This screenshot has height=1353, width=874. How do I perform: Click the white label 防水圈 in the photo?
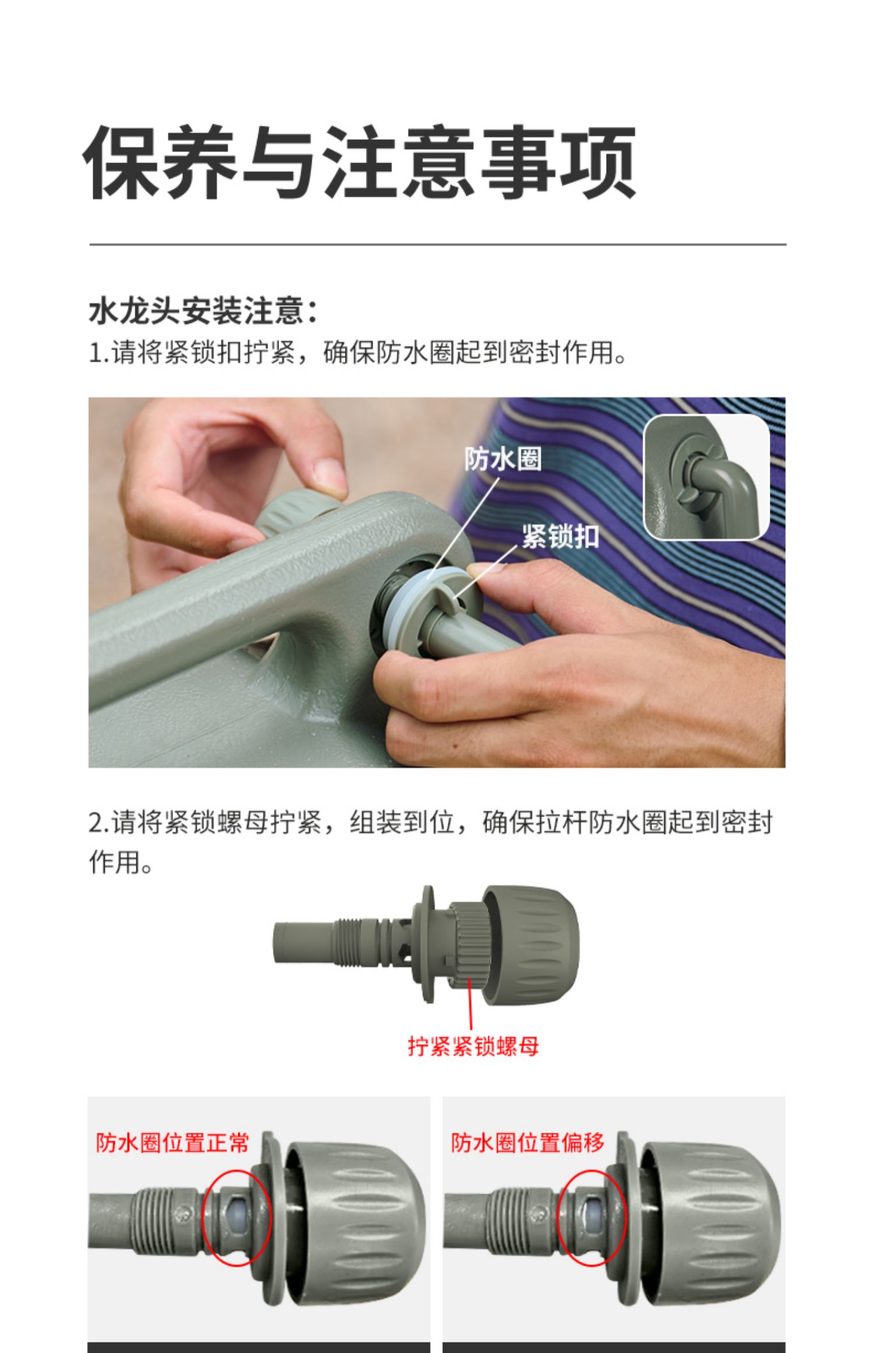[x=503, y=459]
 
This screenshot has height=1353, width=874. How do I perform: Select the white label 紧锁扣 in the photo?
[x=560, y=535]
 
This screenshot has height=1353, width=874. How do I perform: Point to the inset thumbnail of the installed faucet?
[x=706, y=477]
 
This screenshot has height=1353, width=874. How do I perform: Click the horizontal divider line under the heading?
[x=438, y=244]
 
